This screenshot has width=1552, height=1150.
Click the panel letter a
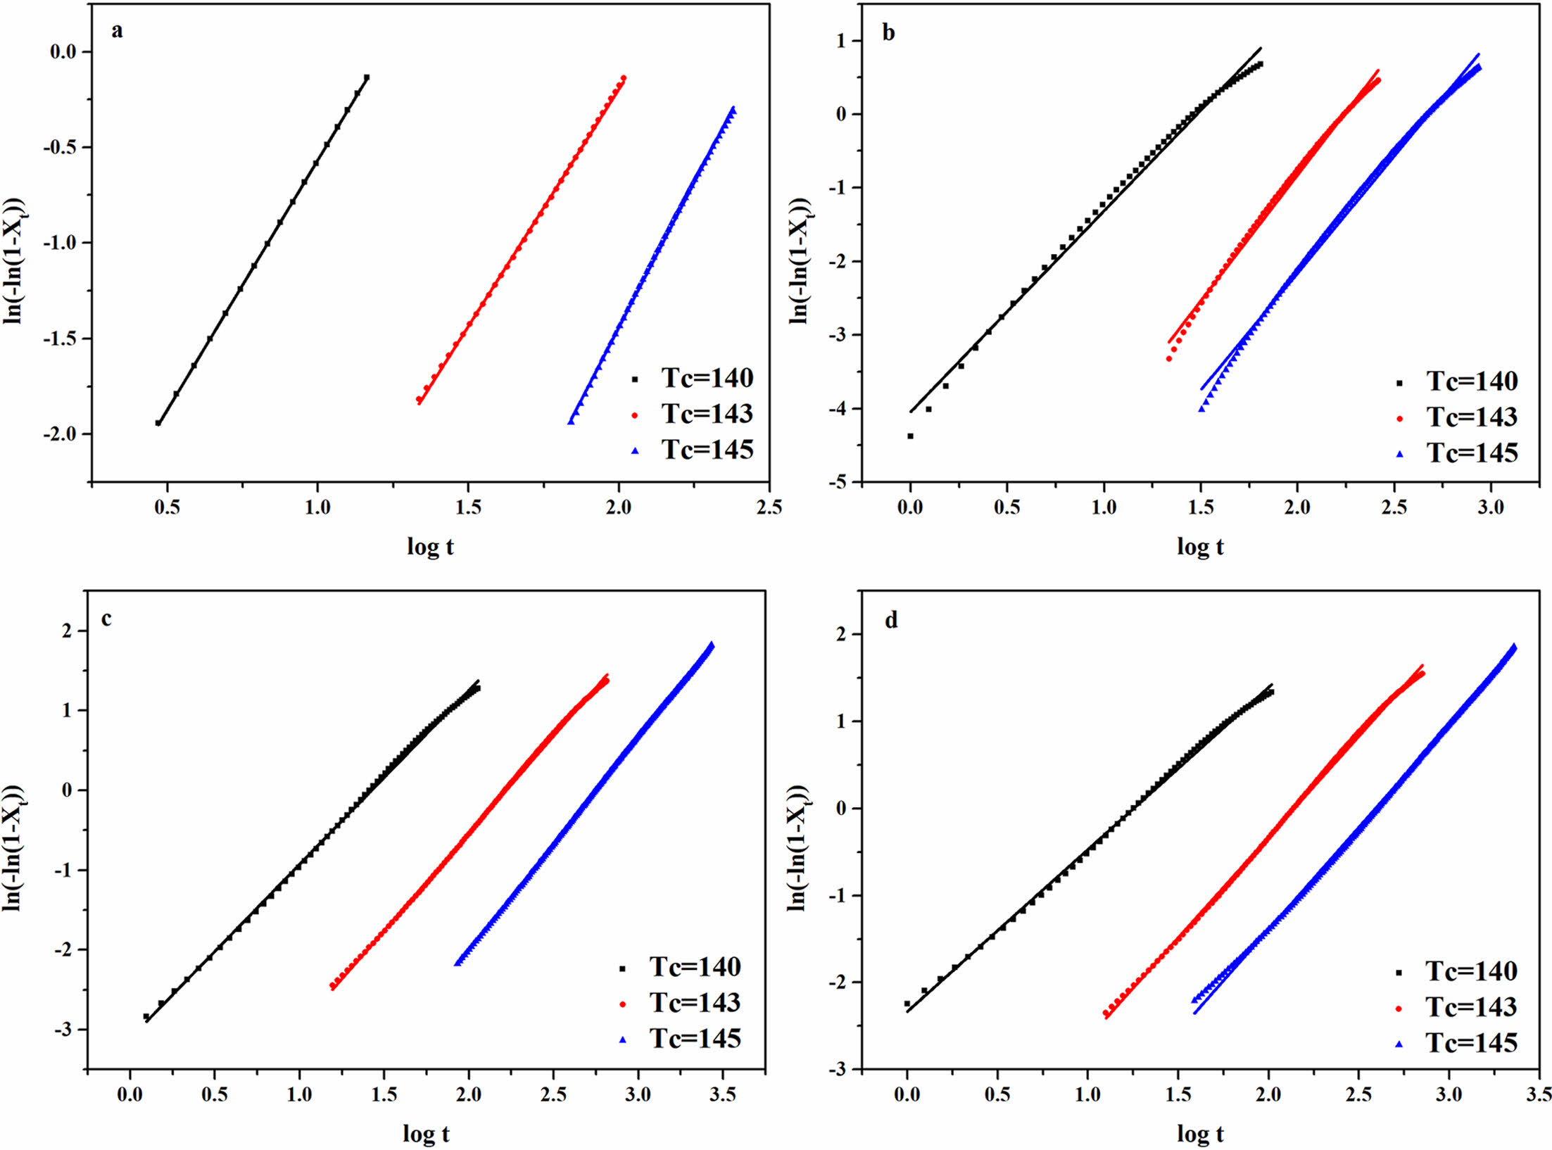click(117, 31)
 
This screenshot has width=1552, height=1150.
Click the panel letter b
click(888, 32)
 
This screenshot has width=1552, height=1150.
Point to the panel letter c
click(106, 619)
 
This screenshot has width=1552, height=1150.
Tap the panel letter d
click(891, 621)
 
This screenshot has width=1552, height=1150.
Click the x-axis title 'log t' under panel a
click(430, 546)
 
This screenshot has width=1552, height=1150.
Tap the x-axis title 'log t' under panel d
click(1200, 1134)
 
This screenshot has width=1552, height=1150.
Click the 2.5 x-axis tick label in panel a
click(769, 507)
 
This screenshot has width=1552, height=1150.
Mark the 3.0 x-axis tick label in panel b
click(1490, 507)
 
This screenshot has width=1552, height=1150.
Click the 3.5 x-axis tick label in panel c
click(723, 1095)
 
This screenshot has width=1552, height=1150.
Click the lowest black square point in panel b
click(910, 436)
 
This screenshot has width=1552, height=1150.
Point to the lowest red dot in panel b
click(1168, 359)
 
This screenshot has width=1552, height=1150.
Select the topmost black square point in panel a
click(367, 77)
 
